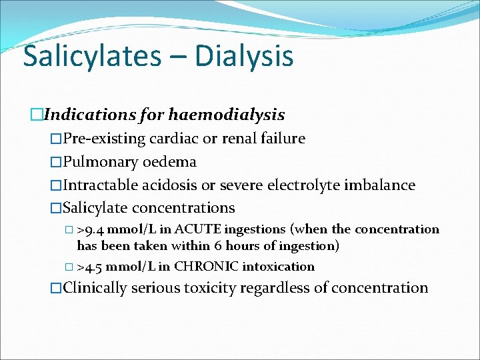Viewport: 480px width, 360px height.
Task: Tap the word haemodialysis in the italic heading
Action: (227, 115)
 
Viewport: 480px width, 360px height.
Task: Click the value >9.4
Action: (90, 230)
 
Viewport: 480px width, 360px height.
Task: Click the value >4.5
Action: (90, 267)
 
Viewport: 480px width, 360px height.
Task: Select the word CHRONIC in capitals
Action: (206, 267)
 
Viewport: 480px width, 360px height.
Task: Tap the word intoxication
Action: (278, 267)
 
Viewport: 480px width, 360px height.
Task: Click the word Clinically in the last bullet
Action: (95, 288)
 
